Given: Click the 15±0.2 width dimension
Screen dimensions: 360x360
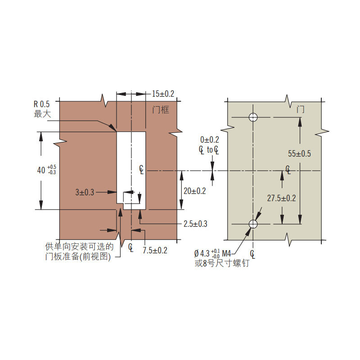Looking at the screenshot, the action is tap(163, 94).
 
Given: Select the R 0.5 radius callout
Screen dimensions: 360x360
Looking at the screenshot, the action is tap(41, 104).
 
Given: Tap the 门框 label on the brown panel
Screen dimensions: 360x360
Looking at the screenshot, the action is tap(161, 110).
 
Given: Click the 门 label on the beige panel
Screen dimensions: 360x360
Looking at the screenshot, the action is tap(300, 109).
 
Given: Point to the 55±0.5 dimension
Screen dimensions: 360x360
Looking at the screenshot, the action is tap(299, 153).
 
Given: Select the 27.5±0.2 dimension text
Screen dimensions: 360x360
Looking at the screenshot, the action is tap(282, 198).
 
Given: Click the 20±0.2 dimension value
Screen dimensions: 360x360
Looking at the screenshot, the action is tap(195, 191).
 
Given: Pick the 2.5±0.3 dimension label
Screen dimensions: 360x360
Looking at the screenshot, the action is tap(195, 224).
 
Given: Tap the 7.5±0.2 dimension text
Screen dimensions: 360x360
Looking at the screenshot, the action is tap(155, 250).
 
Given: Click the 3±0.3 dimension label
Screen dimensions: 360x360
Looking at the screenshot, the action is tap(85, 192).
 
